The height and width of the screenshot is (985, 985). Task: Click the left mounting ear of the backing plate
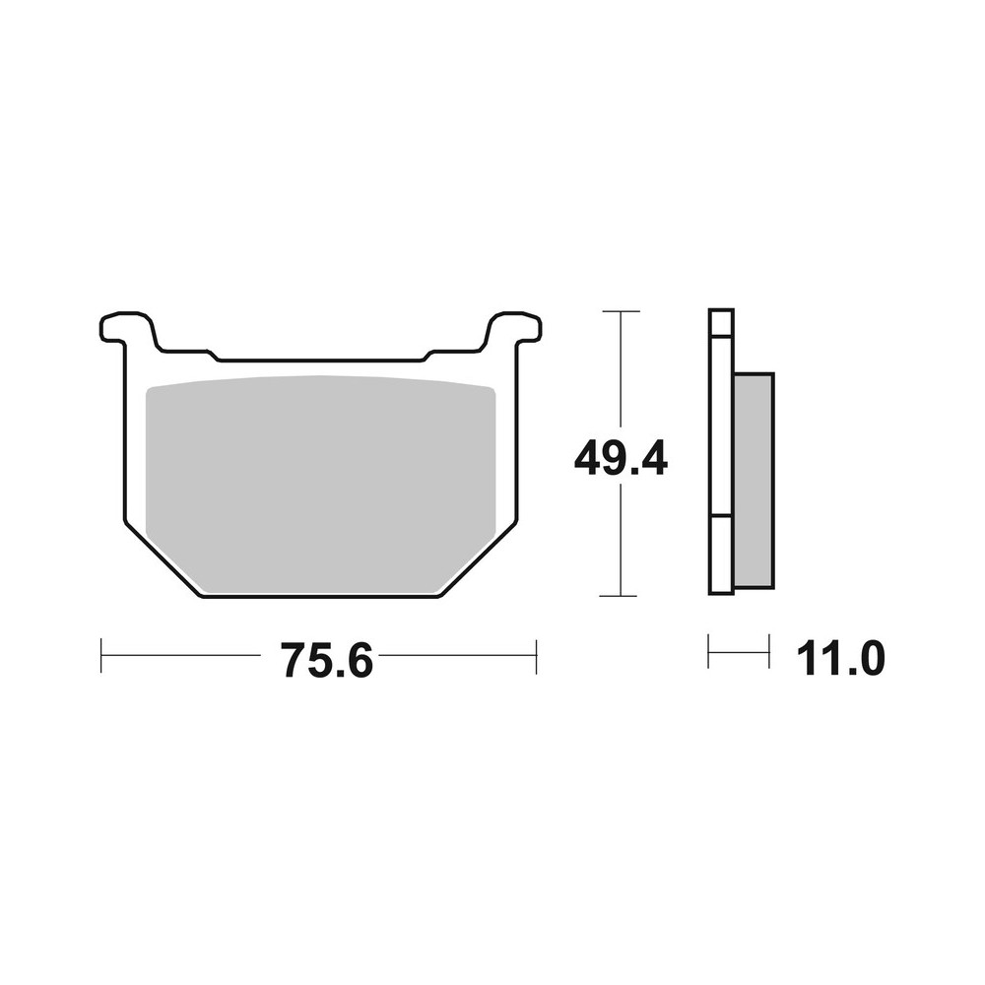126,327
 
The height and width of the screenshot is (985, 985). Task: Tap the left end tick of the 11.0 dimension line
709,652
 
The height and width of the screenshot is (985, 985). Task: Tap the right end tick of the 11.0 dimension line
768,652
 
